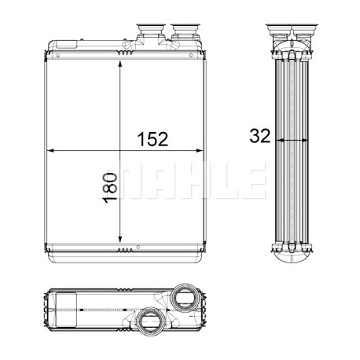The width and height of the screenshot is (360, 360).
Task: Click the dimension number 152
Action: point(152,139)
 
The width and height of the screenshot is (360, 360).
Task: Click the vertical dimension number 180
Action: point(110,187)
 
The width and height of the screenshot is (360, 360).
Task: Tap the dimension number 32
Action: point(259,136)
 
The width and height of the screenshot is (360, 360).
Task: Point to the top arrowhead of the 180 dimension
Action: point(120,64)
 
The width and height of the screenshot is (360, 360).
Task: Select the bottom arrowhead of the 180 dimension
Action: point(120,240)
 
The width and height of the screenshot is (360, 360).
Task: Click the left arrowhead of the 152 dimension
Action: point(50,151)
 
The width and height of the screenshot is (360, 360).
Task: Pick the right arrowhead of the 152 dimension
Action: point(200,151)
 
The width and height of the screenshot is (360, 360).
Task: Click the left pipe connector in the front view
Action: point(151,32)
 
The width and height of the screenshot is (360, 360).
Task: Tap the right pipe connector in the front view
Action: point(185,32)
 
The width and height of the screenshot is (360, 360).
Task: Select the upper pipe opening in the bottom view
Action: point(185,297)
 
